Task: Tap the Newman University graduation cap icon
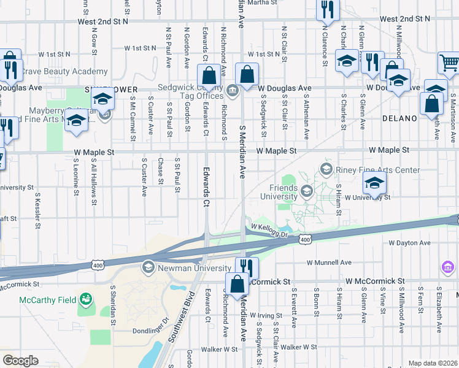point(148,267)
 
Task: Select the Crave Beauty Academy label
point(56,72)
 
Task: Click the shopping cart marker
point(449,63)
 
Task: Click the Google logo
point(20,361)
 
